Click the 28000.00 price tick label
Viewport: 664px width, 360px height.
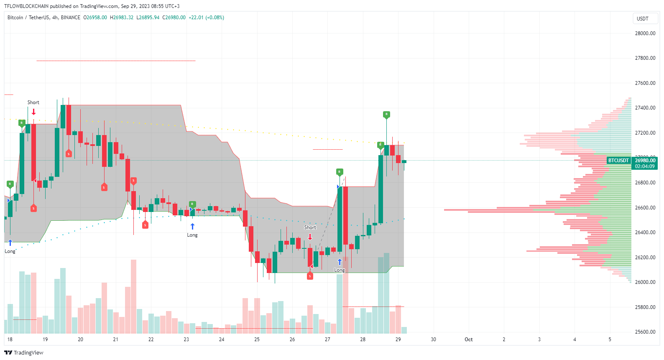tap(645, 33)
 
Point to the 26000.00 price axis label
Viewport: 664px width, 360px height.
tap(645, 282)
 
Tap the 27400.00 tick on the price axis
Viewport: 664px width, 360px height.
tap(645, 108)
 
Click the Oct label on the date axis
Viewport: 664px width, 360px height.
tap(468, 340)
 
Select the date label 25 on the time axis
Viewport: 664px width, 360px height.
tap(257, 340)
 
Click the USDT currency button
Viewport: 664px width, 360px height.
tap(642, 19)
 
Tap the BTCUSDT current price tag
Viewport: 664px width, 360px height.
tap(618, 161)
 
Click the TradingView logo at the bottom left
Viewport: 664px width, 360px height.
tap(24, 352)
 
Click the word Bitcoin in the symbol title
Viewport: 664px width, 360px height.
tap(15, 18)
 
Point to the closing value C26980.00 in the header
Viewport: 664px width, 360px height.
tap(174, 18)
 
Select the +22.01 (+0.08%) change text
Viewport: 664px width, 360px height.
tap(206, 18)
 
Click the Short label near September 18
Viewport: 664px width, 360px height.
tap(33, 102)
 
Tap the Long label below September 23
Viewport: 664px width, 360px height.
tap(192, 235)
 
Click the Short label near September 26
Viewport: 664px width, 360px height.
tap(310, 227)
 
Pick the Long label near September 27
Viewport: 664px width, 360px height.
tap(340, 270)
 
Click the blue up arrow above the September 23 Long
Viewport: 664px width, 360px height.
tap(192, 226)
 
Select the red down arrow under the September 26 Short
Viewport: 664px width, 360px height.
tap(310, 237)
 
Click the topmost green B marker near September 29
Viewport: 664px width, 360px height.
tap(386, 114)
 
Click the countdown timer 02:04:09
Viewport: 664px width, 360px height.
tap(645, 166)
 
